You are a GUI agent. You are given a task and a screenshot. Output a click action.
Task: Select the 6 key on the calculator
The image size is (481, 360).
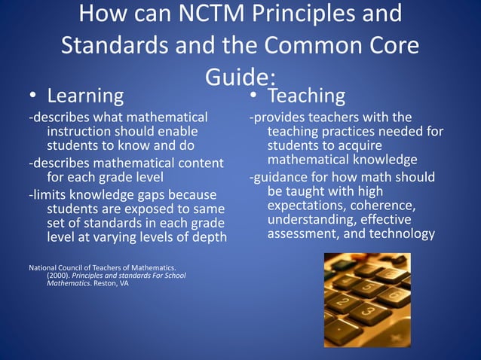pyautogui.click(x=393, y=294)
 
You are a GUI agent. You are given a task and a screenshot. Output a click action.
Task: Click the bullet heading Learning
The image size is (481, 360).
pyautogui.click(x=85, y=96)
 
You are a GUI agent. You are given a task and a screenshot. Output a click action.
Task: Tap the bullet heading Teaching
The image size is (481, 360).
pyautogui.click(x=307, y=96)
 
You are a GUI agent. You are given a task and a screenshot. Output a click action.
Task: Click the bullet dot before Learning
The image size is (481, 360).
pyautogui.click(x=33, y=97)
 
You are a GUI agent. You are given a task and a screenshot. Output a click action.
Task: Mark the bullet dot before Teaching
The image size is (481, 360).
pyautogui.click(x=255, y=97)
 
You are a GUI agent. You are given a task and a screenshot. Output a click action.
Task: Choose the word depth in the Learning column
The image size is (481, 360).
pyautogui.click(x=209, y=238)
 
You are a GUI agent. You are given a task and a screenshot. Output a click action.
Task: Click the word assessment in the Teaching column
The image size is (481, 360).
pyautogui.click(x=301, y=233)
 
